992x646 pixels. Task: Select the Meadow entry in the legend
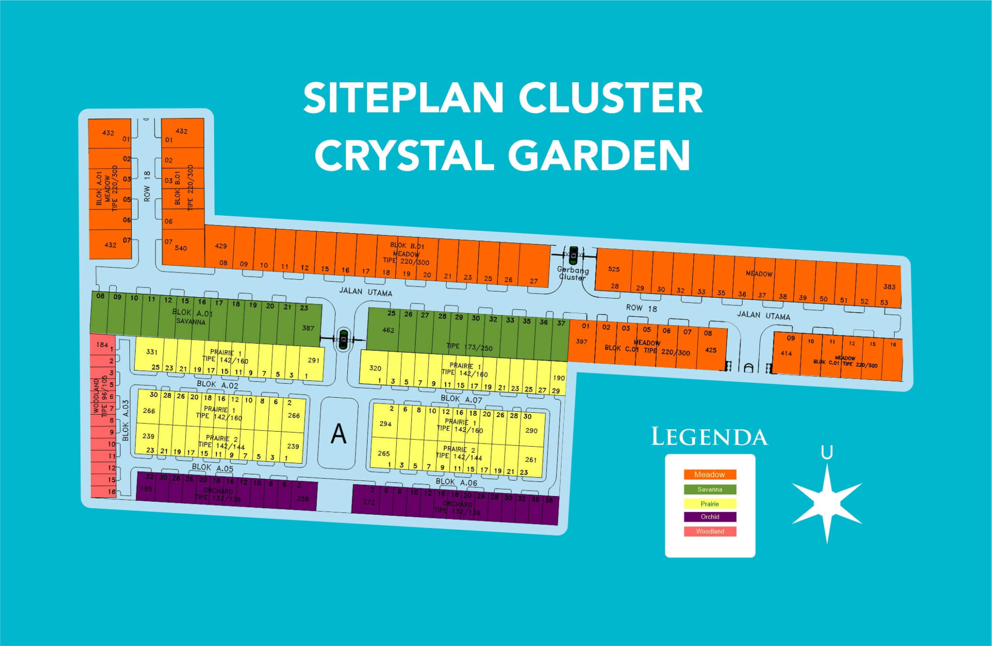[x=710, y=475]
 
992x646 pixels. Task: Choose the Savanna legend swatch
[x=710, y=489]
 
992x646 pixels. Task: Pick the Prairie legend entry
[x=710, y=504]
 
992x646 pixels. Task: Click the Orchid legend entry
[x=710, y=517]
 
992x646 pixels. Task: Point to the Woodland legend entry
[x=710, y=531]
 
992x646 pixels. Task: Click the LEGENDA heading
[x=709, y=437]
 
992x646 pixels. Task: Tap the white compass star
[x=827, y=504]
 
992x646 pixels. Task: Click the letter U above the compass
[x=827, y=453]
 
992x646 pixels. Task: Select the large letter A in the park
[x=339, y=434]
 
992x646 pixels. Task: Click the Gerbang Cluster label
[x=573, y=273]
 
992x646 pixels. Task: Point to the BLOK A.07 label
[x=461, y=399]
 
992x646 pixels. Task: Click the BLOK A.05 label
[x=212, y=467]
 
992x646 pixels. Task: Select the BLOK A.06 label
[x=456, y=482]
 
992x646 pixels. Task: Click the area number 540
[x=181, y=248]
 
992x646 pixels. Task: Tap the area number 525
[x=614, y=269]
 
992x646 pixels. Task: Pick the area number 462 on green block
[x=388, y=331]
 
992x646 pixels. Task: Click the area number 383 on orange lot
[x=889, y=287]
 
